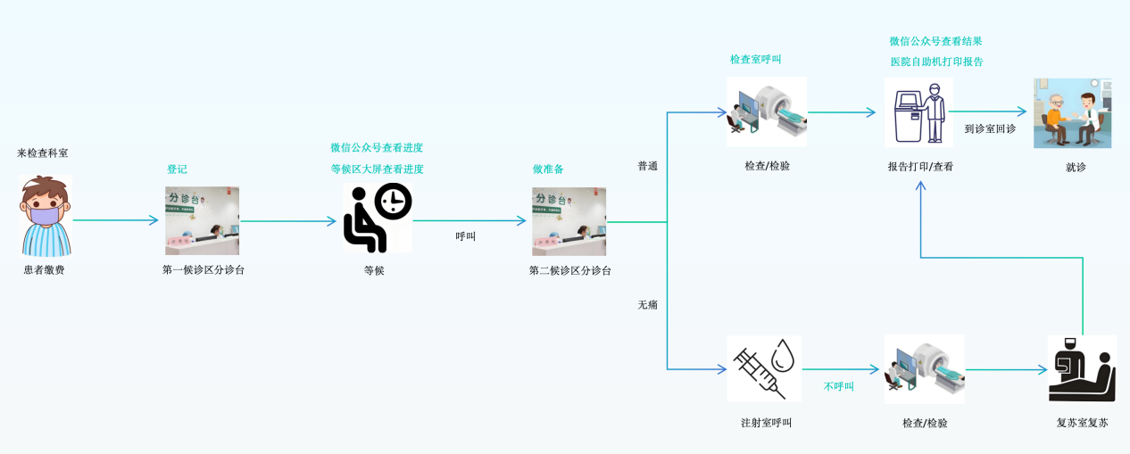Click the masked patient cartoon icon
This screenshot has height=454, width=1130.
(x=45, y=217)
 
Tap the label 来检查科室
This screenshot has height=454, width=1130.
(x=43, y=153)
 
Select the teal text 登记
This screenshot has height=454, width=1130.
(x=177, y=169)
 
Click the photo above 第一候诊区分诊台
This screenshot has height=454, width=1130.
(x=202, y=221)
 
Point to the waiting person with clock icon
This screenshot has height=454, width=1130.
(x=378, y=219)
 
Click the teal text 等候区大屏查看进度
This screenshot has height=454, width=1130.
(x=377, y=169)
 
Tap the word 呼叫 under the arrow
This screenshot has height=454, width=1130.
(x=466, y=236)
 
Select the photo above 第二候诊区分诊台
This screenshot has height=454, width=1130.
(x=569, y=221)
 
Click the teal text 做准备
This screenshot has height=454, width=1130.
(x=548, y=169)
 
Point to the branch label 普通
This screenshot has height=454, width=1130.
(x=647, y=166)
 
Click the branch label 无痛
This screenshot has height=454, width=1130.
(x=647, y=305)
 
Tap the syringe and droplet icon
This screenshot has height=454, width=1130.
(x=764, y=368)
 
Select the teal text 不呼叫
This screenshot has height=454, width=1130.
(x=839, y=386)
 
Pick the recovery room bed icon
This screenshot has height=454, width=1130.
(x=1082, y=368)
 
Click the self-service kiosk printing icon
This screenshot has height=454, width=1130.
(x=918, y=111)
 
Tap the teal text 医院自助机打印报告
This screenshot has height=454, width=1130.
(x=936, y=62)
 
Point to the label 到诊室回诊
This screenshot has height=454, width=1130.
(x=990, y=129)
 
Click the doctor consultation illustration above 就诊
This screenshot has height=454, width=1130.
(x=1072, y=113)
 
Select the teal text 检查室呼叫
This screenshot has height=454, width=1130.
(x=755, y=60)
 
